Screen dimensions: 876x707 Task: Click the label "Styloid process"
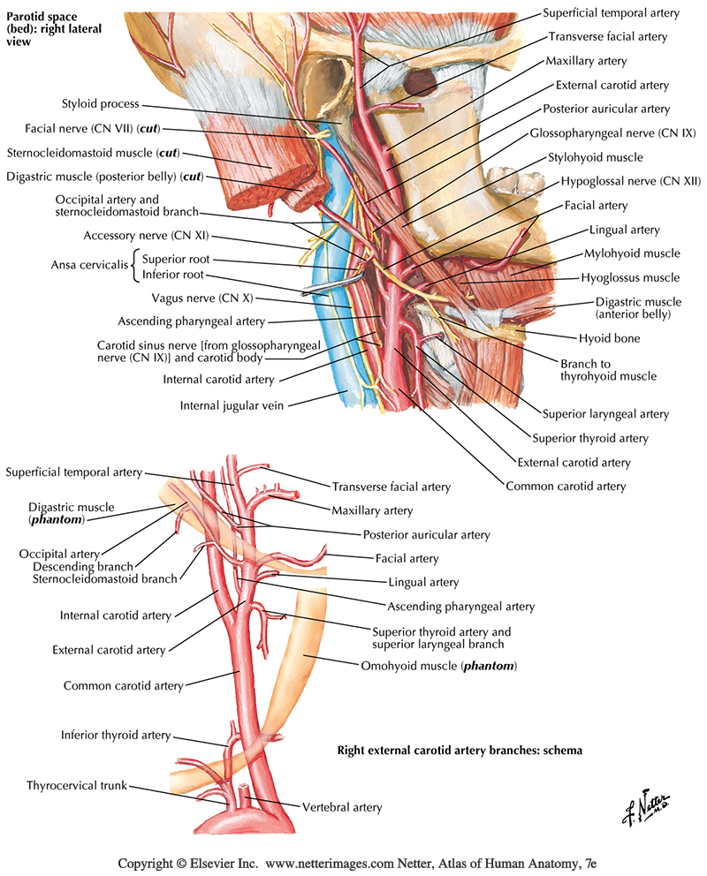point(100,104)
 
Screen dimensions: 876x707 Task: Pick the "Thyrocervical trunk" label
point(77,784)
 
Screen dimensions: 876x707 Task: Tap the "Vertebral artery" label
point(342,807)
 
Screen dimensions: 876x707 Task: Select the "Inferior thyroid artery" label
point(116,735)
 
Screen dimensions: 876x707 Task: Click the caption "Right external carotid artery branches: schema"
point(460,751)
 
